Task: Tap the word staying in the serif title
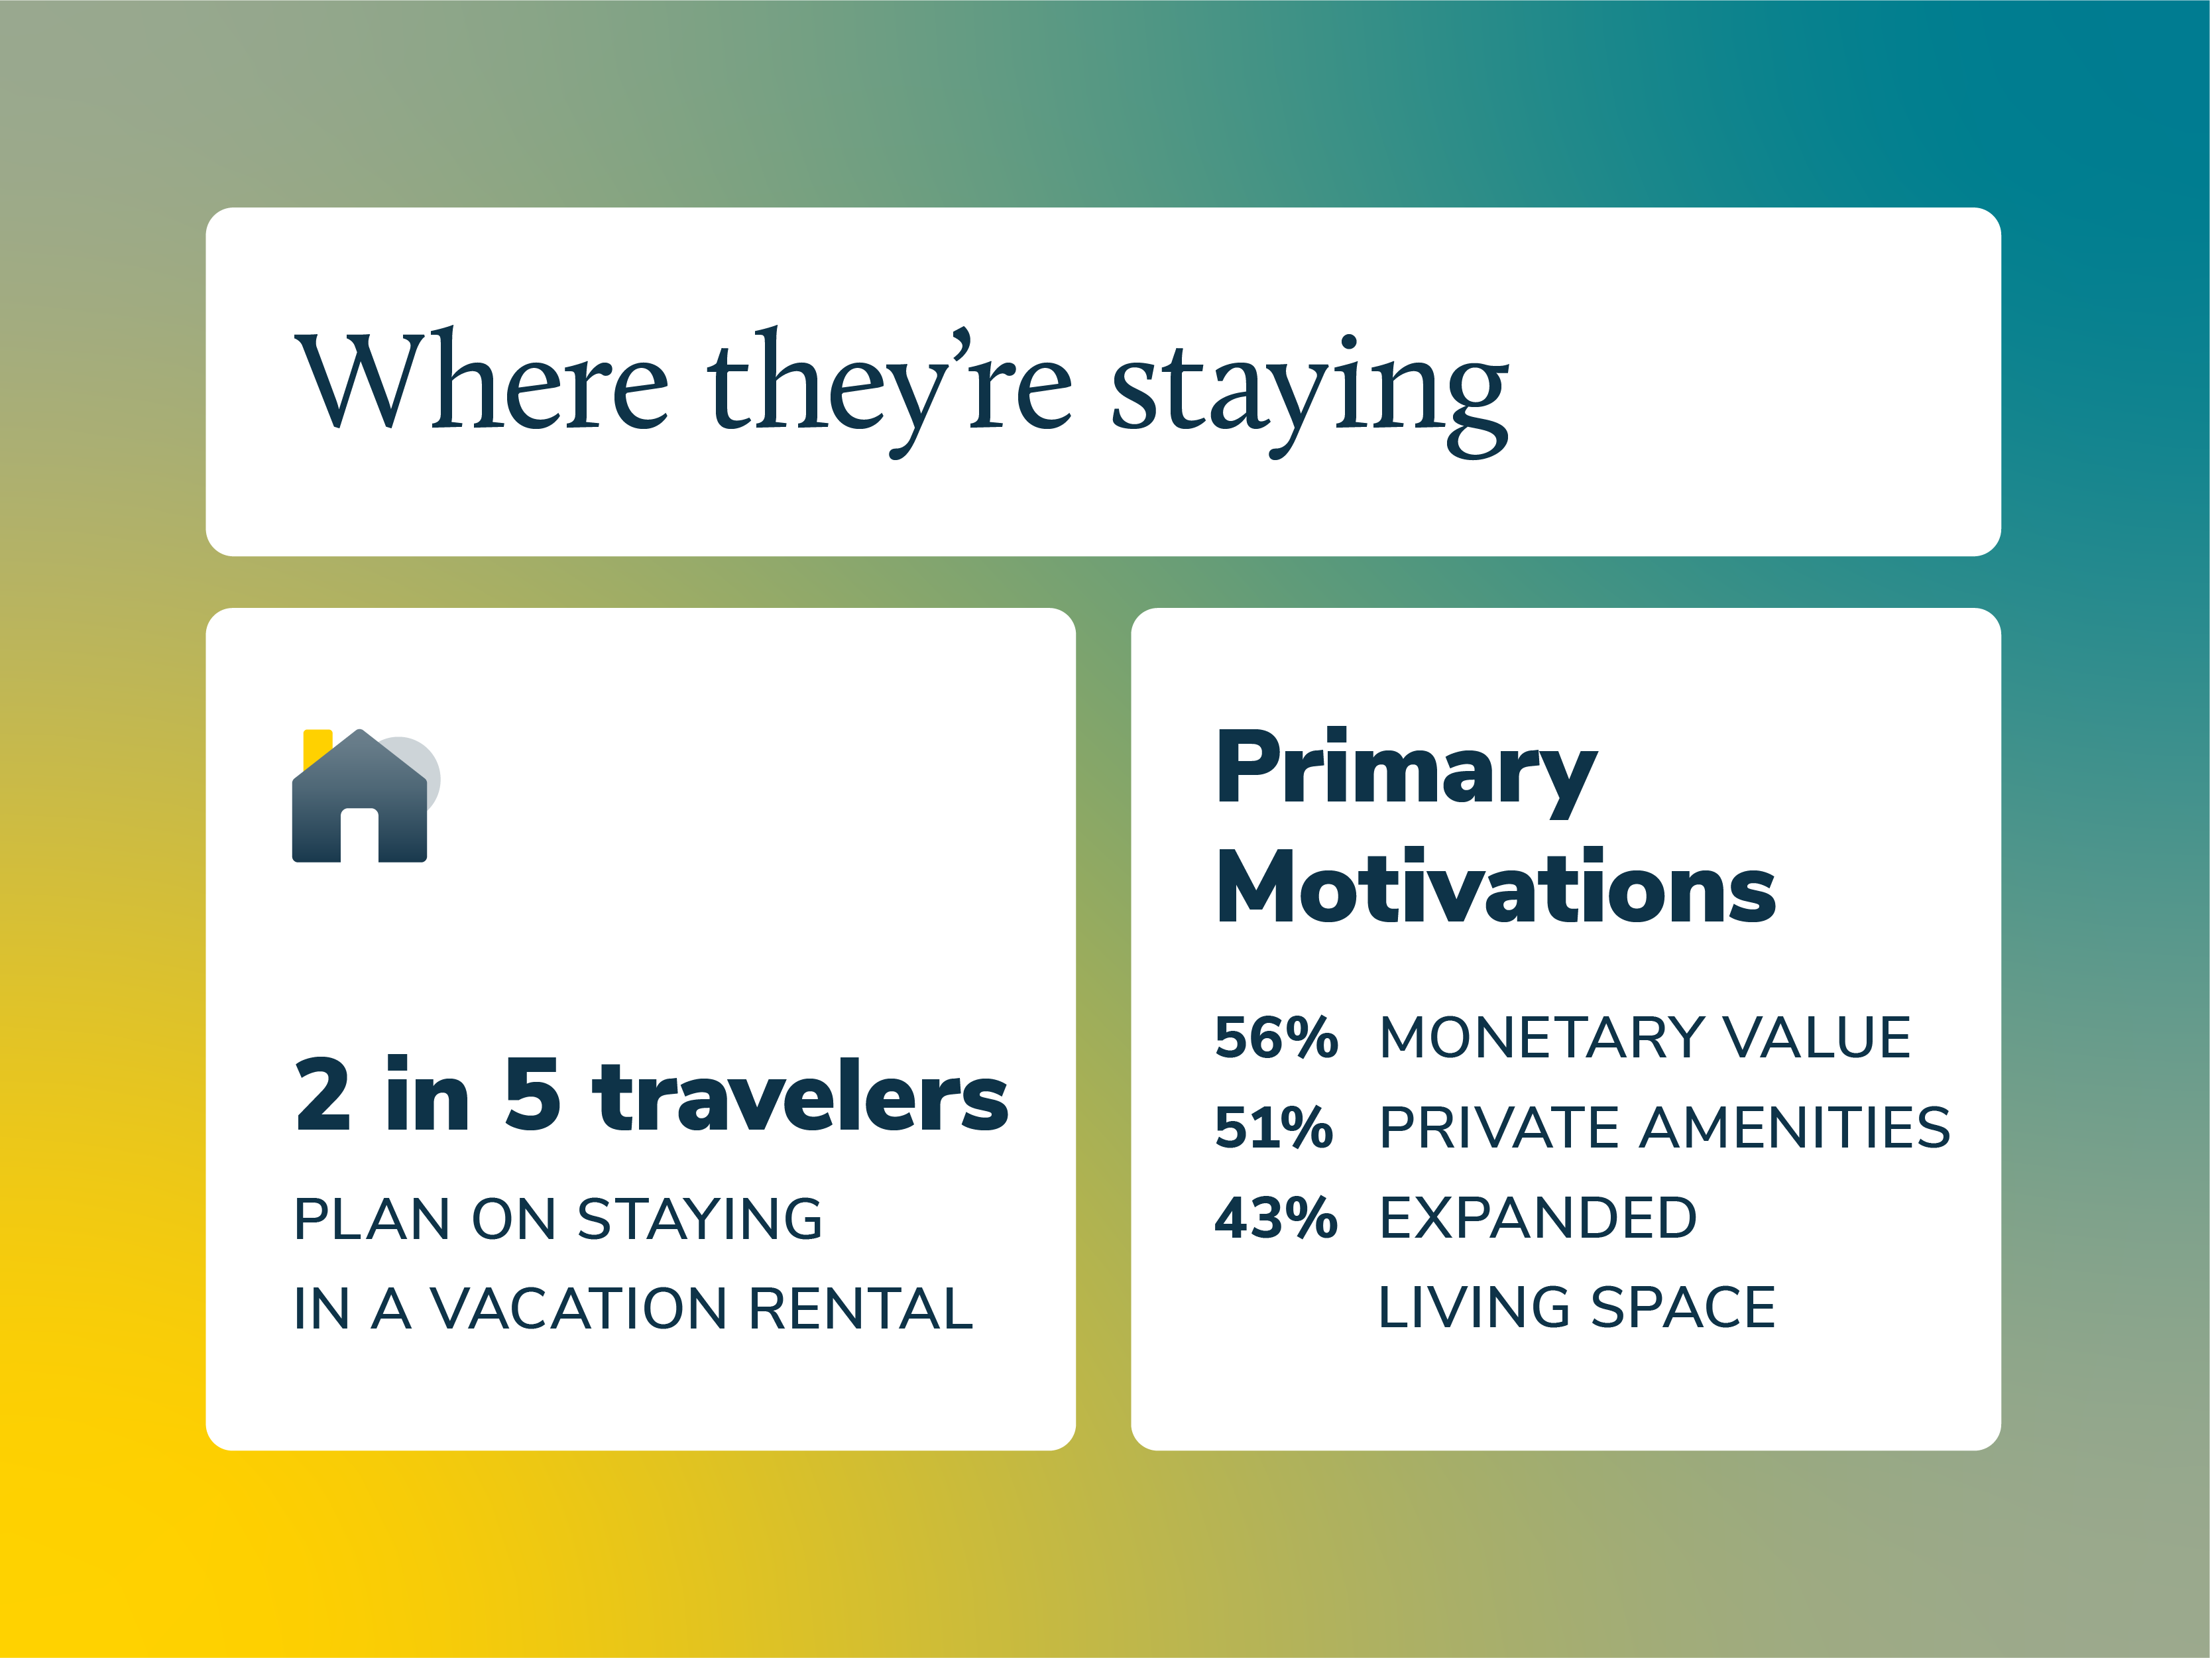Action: coord(1309,392)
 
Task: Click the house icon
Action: coord(360,799)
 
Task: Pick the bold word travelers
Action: coord(800,1097)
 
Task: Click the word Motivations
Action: coord(1495,888)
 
